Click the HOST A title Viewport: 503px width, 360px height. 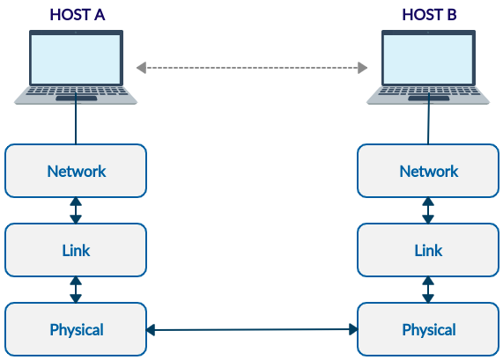[x=77, y=15]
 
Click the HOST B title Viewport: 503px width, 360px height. [x=429, y=15]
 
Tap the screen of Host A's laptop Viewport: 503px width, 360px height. [x=76, y=59]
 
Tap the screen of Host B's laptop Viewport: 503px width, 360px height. [x=428, y=59]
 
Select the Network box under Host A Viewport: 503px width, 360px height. [x=76, y=171]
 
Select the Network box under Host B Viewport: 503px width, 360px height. [x=428, y=171]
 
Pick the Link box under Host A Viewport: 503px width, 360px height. [x=76, y=250]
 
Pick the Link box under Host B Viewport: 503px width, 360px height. [x=428, y=250]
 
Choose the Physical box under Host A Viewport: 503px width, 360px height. [x=76, y=329]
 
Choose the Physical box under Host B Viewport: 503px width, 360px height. [x=428, y=329]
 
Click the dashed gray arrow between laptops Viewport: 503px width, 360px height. [x=252, y=68]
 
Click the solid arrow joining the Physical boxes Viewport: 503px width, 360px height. [x=252, y=329]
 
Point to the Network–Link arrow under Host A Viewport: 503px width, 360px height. [x=76, y=210]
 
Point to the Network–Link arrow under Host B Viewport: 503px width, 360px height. [x=428, y=210]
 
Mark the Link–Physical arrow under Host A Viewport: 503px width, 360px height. [x=76, y=290]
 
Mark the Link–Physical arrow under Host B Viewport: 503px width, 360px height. [x=428, y=290]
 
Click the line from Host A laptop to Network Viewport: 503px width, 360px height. [x=76, y=118]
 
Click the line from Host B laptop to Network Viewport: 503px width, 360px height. [x=428, y=118]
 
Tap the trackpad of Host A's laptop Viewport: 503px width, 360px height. [x=77, y=99]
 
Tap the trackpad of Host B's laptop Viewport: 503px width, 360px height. [x=429, y=99]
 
